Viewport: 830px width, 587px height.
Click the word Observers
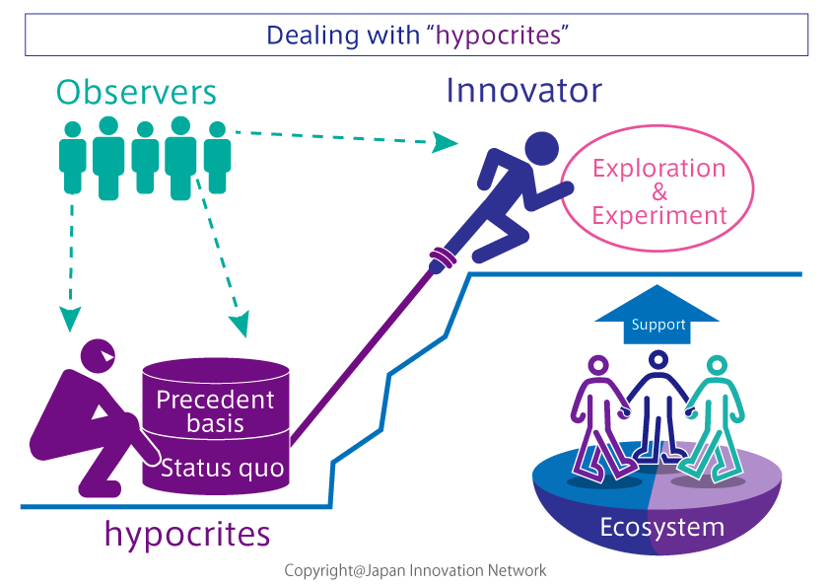click(x=136, y=93)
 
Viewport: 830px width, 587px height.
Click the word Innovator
click(x=524, y=90)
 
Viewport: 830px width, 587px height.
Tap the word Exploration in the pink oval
click(x=659, y=170)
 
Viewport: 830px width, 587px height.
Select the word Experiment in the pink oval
click(x=659, y=216)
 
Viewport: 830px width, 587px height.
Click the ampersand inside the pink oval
click(x=659, y=191)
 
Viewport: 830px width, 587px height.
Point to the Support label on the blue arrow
click(x=658, y=325)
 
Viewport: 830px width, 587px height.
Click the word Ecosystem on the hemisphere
click(x=662, y=527)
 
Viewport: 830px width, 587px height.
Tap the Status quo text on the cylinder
click(x=223, y=469)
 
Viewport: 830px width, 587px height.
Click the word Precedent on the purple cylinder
click(x=215, y=400)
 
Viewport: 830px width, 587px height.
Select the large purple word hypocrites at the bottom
click(x=187, y=534)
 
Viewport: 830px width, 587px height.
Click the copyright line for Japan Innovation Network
click(x=415, y=570)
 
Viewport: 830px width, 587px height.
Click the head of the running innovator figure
click(x=541, y=149)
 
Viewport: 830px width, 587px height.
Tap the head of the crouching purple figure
click(x=98, y=356)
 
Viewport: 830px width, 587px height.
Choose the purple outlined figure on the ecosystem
click(x=601, y=418)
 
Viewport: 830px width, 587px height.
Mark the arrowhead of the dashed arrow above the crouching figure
click(x=70, y=319)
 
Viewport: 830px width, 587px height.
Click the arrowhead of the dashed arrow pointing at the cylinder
click(x=241, y=324)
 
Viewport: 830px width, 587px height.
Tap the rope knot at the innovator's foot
click(x=443, y=258)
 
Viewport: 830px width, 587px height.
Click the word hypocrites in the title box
click(x=498, y=36)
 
